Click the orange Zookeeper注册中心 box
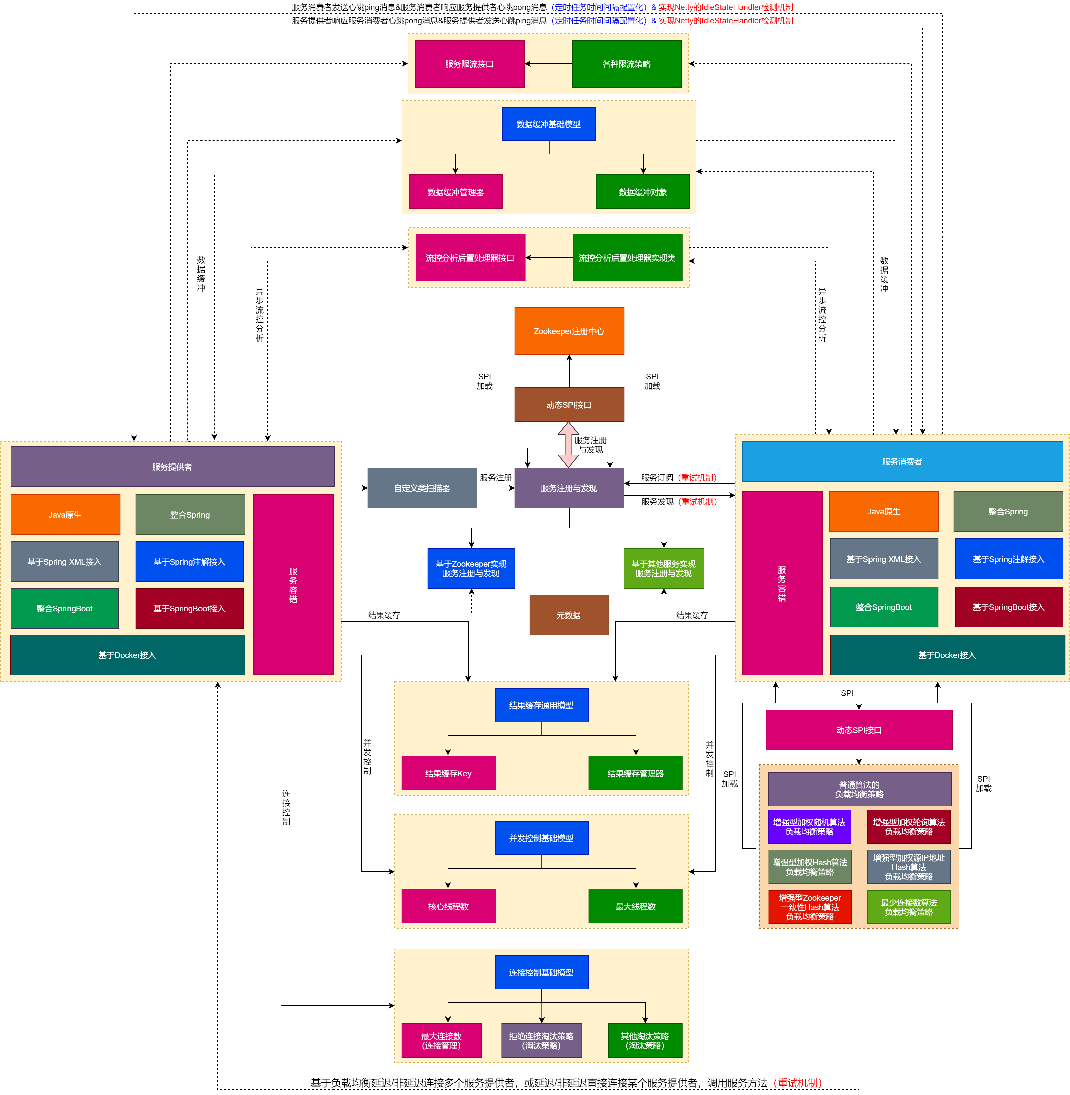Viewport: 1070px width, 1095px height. point(569,331)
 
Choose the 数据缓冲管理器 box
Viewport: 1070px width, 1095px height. point(455,192)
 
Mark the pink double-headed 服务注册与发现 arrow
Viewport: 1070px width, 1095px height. point(568,444)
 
